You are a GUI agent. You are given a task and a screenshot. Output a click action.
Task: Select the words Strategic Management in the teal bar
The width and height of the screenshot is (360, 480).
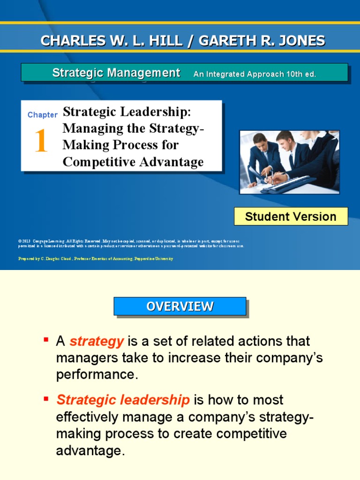[116, 73]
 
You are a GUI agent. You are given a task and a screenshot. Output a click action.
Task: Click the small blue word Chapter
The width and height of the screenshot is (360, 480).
[42, 115]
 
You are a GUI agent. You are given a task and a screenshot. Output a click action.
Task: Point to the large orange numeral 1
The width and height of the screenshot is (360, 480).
[41, 142]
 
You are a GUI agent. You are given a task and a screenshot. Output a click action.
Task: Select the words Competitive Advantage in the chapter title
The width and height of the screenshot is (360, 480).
[133, 162]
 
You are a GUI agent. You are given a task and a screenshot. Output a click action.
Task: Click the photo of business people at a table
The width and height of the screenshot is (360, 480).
[289, 162]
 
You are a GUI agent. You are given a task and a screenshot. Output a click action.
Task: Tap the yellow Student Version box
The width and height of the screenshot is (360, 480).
[291, 217]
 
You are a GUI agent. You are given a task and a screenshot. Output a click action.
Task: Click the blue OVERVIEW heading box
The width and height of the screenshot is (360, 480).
[180, 307]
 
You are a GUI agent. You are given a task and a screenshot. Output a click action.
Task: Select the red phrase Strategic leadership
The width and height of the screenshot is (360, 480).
[123, 400]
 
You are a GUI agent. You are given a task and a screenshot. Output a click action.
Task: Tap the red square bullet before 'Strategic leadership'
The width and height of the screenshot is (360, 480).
[46, 398]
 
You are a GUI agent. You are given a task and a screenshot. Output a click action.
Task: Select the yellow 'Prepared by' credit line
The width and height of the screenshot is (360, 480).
[96, 259]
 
